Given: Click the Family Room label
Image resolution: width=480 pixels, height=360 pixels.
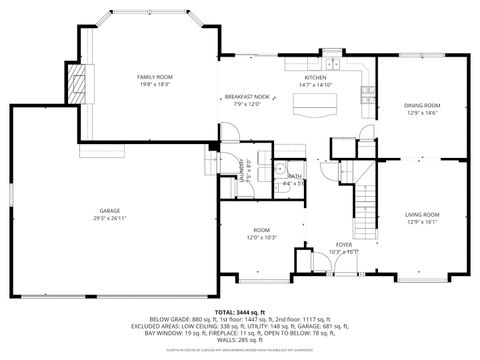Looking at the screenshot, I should [154, 77].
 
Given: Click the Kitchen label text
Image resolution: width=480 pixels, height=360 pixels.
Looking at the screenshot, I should [315, 77].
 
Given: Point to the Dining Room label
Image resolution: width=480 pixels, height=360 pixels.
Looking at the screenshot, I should [421, 105].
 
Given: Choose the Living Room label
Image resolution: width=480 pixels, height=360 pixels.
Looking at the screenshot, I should [421, 214].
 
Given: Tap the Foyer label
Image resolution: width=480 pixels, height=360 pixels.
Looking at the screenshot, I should [344, 244].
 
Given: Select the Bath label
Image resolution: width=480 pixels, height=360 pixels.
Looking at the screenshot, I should [294, 176].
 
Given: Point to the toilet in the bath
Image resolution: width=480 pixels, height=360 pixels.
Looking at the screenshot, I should [283, 168].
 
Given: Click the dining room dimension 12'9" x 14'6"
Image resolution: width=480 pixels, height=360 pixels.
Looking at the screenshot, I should [421, 113].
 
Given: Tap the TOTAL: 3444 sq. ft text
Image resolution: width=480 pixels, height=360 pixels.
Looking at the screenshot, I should [239, 313].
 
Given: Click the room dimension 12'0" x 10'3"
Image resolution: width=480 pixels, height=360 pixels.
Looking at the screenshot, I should [262, 237].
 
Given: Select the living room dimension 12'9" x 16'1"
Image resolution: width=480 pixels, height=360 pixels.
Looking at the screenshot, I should [421, 222].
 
